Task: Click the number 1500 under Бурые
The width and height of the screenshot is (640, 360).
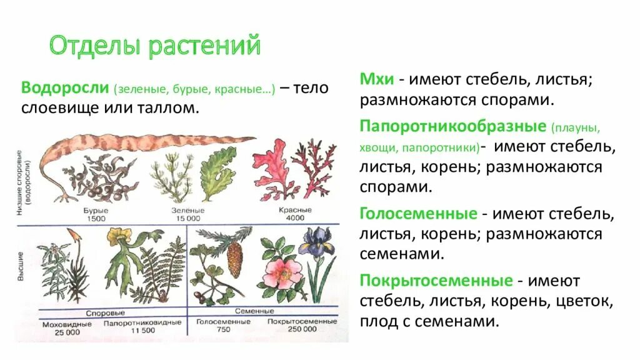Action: [x=96, y=218]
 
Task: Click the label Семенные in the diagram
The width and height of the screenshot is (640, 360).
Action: [x=255, y=311]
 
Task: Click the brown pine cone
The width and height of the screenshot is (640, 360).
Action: [x=234, y=259]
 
